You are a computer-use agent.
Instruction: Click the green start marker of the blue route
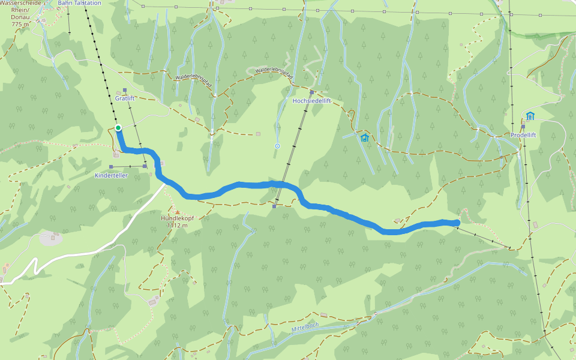click(x=118, y=127)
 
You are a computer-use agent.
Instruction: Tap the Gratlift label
click(x=125, y=98)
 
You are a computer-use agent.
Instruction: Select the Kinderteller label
click(x=112, y=175)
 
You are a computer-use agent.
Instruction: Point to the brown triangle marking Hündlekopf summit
click(x=177, y=211)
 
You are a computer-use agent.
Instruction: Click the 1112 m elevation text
click(x=178, y=226)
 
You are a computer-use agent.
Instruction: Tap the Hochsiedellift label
click(x=311, y=101)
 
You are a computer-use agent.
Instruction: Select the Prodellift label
click(x=523, y=135)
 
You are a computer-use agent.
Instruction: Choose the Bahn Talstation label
click(x=80, y=3)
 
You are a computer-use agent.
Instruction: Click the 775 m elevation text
click(x=20, y=24)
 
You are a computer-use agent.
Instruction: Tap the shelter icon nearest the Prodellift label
click(x=530, y=116)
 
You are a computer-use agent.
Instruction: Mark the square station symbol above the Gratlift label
click(x=125, y=90)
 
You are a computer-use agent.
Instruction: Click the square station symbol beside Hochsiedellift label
click(x=313, y=92)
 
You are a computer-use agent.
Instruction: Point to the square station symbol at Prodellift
click(x=523, y=127)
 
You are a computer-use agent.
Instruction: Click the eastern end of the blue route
click(x=457, y=223)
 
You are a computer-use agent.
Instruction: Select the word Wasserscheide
click(x=20, y=3)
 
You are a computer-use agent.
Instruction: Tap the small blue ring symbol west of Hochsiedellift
click(x=277, y=146)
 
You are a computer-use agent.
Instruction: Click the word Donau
click(x=20, y=17)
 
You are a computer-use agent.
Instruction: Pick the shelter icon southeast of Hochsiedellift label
click(x=364, y=138)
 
